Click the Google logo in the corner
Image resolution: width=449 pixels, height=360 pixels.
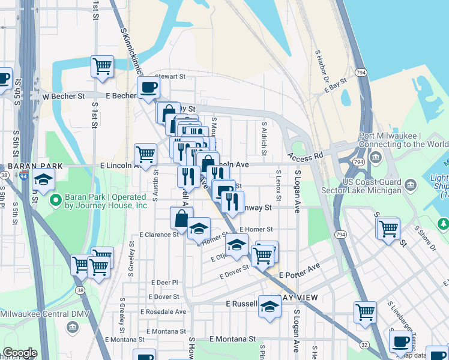click(x=20, y=353)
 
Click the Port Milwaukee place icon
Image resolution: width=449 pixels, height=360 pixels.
click(x=376, y=158)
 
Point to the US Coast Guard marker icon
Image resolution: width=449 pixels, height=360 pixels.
click(x=411, y=184)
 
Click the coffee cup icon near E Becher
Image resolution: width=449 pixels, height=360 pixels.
click(x=148, y=88)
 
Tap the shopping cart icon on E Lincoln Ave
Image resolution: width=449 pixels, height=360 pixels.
click(x=146, y=155)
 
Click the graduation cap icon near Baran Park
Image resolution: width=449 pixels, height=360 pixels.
click(x=43, y=179)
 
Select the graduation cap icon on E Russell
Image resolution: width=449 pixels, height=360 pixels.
click(x=270, y=306)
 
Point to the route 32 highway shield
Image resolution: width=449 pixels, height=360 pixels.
click(x=364, y=344)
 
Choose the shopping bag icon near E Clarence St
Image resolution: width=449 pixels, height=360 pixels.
click(x=181, y=218)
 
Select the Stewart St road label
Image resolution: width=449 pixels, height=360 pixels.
click(x=170, y=77)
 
